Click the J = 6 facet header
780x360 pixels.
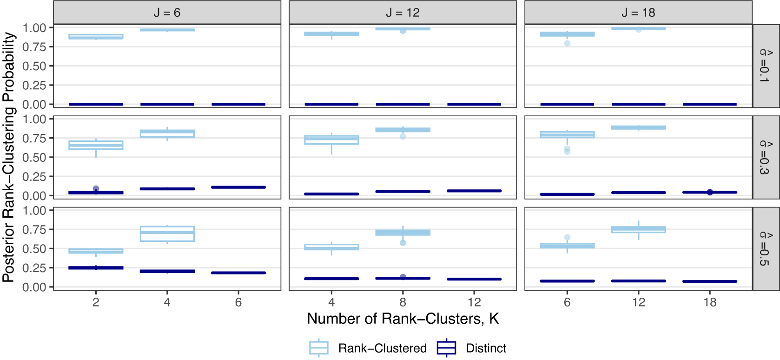(x=167, y=13)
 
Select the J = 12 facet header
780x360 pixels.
(x=403, y=13)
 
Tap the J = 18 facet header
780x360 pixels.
(x=638, y=13)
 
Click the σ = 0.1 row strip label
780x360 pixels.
(x=765, y=66)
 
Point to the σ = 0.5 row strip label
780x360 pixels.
(x=765, y=249)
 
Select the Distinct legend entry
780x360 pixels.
(x=472, y=348)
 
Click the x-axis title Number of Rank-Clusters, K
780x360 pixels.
(x=403, y=319)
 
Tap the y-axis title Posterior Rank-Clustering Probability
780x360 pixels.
(x=9, y=157)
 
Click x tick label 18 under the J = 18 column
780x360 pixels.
(x=709, y=302)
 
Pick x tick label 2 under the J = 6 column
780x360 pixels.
(x=96, y=302)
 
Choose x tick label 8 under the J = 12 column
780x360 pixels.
(x=403, y=302)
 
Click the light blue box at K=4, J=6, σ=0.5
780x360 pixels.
(x=167, y=234)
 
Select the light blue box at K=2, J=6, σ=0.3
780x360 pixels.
(x=96, y=145)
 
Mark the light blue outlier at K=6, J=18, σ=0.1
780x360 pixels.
(x=567, y=44)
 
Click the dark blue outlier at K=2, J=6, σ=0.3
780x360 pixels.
(x=96, y=188)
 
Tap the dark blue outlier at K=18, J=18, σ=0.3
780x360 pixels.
(x=709, y=192)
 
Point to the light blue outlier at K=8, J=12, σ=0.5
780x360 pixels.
(x=403, y=243)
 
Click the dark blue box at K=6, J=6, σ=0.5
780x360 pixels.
(x=238, y=273)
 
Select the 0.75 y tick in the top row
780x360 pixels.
(x=34, y=47)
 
